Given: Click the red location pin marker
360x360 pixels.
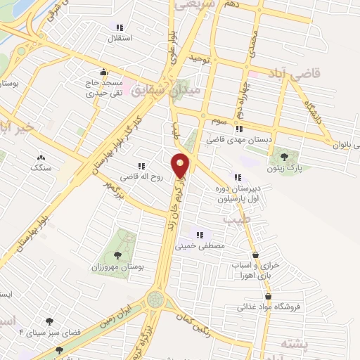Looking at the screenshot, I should pyautogui.click(x=181, y=165).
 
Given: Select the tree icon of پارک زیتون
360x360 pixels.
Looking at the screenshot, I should pyautogui.click(x=284, y=157).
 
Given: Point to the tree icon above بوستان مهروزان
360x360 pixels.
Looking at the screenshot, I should pyautogui.click(x=117, y=255).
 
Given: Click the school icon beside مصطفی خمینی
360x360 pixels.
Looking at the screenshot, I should pyautogui.click(x=200, y=236).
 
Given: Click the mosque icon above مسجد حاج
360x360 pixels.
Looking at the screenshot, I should pyautogui.click(x=104, y=71).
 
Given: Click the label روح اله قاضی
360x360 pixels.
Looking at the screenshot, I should pyautogui.click(x=140, y=177).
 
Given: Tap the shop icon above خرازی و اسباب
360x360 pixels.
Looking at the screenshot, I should pyautogui.click(x=255, y=255).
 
